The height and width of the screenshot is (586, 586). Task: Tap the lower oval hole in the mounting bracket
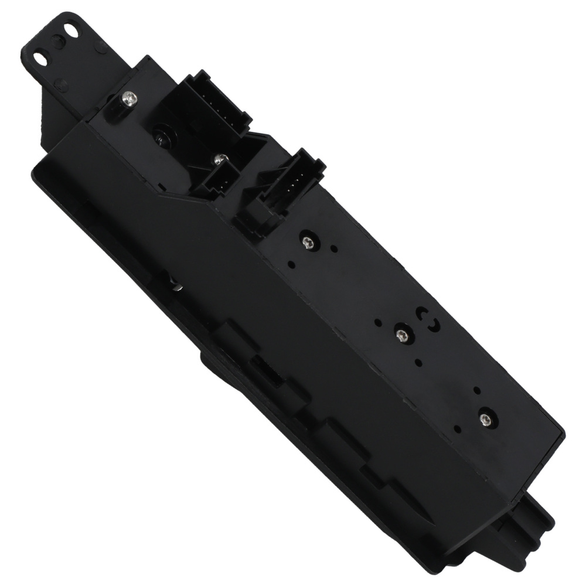[40, 58]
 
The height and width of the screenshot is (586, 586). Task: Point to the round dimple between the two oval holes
[56, 43]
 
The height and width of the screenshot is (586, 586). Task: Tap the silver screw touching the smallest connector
[221, 158]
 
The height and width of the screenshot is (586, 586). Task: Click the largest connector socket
[205, 108]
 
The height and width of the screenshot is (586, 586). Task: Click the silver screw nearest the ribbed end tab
[485, 418]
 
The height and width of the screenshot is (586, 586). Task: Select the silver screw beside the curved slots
[401, 335]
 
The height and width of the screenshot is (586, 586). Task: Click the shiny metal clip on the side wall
[176, 285]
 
